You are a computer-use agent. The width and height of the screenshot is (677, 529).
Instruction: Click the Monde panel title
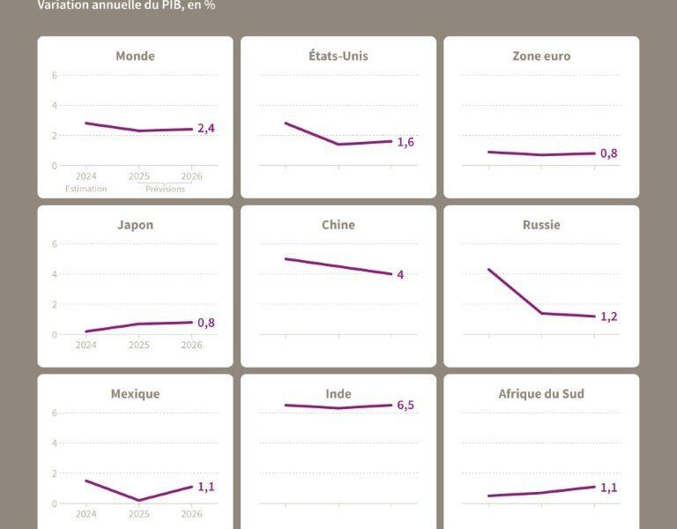[135, 56]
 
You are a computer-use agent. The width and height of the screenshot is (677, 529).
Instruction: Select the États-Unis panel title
[338, 56]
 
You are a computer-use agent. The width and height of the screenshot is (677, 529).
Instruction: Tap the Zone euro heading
[541, 56]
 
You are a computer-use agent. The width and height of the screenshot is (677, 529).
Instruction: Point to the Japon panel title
[135, 225]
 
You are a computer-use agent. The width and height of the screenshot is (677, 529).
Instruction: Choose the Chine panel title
[338, 225]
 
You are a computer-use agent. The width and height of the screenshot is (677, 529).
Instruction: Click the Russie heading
[541, 225]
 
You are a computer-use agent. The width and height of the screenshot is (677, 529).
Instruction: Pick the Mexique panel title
[135, 394]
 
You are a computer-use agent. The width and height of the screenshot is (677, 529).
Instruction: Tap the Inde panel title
[338, 394]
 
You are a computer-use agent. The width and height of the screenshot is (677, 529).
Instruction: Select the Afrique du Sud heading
[541, 394]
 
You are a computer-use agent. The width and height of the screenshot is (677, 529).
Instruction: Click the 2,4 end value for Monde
[206, 129]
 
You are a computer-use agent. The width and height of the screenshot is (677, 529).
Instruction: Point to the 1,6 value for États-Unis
[405, 142]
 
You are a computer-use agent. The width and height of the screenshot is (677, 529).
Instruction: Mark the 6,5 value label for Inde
[405, 406]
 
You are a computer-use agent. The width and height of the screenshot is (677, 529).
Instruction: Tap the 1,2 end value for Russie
[608, 317]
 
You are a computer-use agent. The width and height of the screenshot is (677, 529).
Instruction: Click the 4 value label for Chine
[400, 275]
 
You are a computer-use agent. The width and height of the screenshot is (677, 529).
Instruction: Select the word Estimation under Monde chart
[86, 189]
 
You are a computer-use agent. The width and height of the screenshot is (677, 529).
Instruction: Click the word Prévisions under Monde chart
[166, 189]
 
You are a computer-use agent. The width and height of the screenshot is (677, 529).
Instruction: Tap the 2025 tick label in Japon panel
[139, 345]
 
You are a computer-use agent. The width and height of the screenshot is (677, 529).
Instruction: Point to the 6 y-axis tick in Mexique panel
[55, 413]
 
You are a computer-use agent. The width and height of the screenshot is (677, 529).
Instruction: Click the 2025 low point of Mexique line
[139, 500]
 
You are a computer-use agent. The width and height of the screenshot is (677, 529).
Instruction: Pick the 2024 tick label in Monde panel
[86, 176]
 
